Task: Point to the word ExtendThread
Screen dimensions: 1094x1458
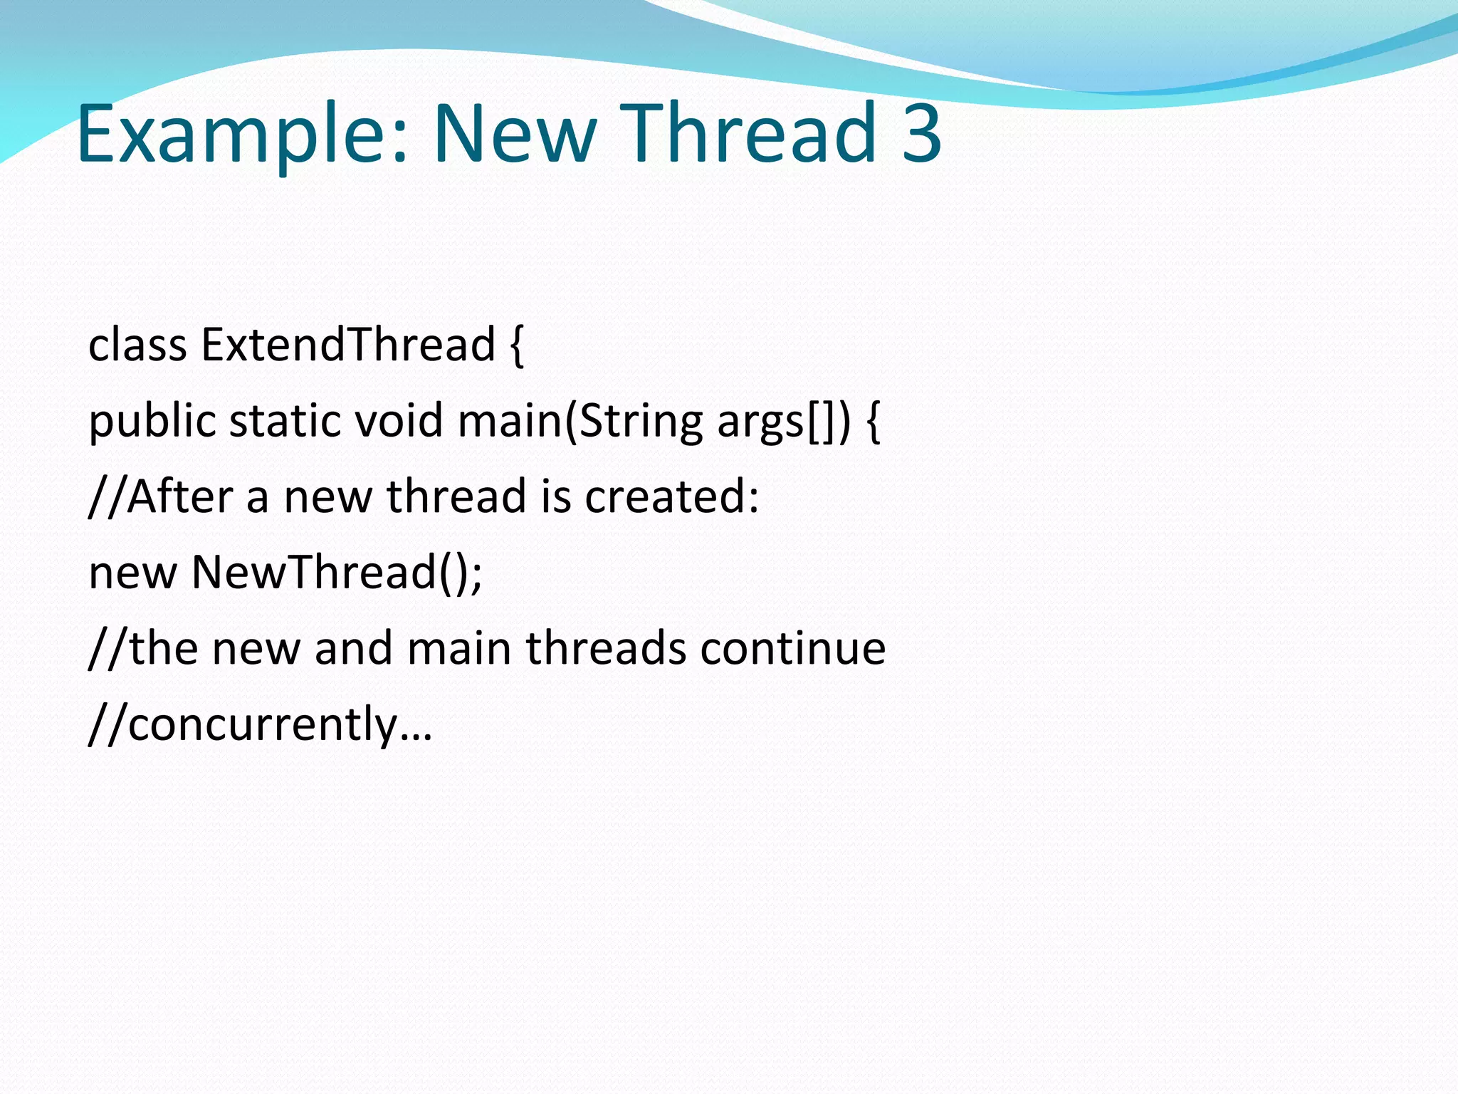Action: point(348,345)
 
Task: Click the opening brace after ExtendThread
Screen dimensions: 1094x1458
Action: point(518,346)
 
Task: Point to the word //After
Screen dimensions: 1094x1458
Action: point(161,496)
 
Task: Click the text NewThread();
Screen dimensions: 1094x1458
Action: point(337,573)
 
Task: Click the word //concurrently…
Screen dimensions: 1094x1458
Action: point(260,725)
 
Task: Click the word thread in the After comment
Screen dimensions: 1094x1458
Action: point(456,496)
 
